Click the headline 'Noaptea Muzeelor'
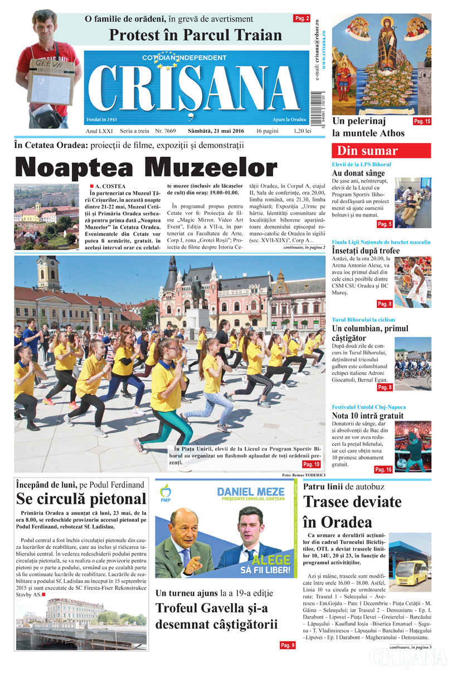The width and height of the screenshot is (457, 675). tap(145, 167)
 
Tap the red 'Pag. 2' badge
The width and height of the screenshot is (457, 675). tap(302, 18)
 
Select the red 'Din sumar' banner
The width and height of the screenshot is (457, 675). tap(381, 151)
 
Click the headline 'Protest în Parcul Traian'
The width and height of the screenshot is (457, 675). tap(195, 35)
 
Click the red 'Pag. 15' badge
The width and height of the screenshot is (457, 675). tap(421, 121)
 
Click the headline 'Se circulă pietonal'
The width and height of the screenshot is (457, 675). tap(81, 499)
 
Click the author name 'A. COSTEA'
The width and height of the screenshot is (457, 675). tap(110, 186)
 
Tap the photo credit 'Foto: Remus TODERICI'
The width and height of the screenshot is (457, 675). tap(304, 475)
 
